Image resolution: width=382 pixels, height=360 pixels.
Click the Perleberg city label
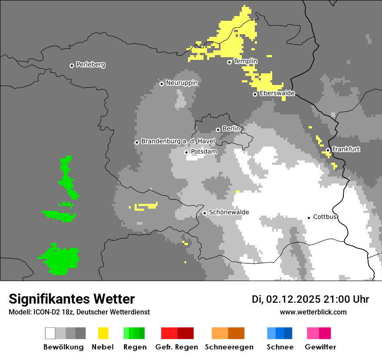(90, 65)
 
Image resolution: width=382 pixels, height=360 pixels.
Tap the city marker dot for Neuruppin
(161, 83)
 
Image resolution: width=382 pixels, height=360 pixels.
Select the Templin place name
(245, 61)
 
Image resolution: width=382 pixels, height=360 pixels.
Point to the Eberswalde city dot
(255, 94)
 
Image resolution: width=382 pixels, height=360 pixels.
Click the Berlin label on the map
(231, 129)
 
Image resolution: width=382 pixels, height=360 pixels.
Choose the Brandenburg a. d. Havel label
(178, 141)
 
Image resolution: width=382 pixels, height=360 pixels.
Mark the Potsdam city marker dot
(186, 152)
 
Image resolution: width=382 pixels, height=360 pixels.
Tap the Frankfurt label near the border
(346, 149)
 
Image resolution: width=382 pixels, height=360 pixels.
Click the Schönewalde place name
(229, 213)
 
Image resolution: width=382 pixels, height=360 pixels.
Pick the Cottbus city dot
(309, 217)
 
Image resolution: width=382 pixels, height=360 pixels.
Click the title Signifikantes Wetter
(72, 299)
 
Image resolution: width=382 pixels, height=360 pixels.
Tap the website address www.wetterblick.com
(313, 312)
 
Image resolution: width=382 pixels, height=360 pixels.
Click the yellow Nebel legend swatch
(103, 333)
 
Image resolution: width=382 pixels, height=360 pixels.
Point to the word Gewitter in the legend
(320, 347)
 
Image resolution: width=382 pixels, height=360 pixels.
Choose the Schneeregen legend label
(229, 347)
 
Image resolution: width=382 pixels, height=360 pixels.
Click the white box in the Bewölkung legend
(50, 333)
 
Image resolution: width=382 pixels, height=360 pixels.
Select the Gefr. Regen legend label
(177, 347)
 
